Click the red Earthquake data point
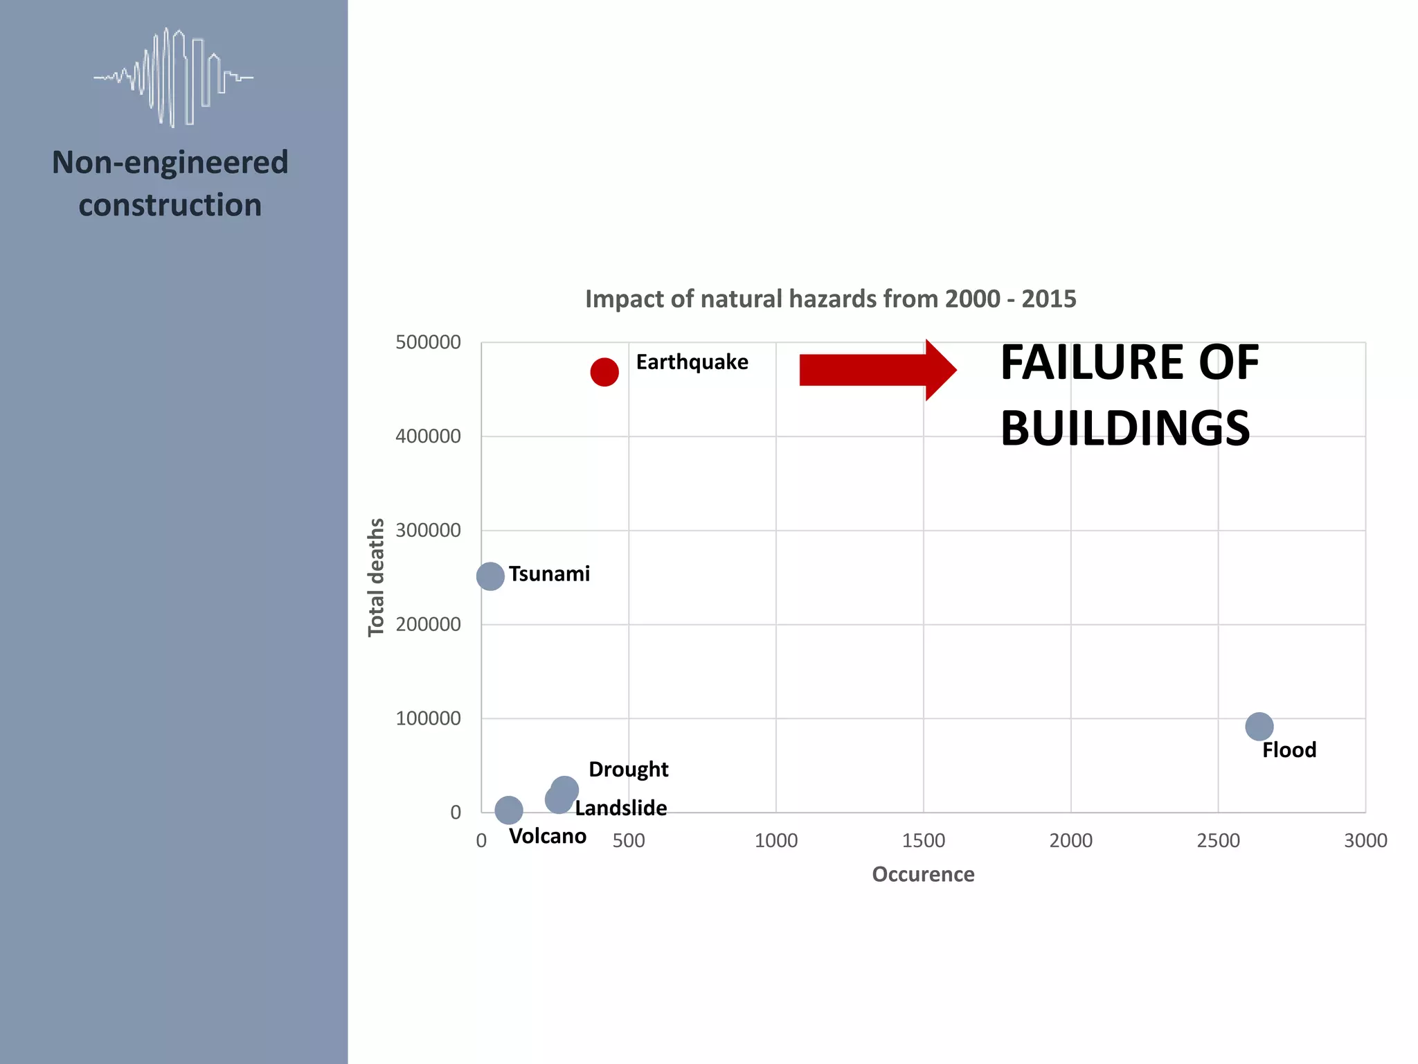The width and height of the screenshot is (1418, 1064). (x=604, y=372)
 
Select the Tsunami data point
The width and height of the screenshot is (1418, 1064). (x=490, y=576)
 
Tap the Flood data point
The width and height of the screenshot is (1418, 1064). (x=1259, y=727)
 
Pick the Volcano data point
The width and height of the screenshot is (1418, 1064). (x=509, y=809)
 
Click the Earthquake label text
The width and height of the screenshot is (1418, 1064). (x=692, y=362)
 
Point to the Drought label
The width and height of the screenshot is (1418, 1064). (x=628, y=770)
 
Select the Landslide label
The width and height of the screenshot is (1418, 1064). (x=620, y=808)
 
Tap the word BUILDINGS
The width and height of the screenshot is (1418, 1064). (x=1125, y=428)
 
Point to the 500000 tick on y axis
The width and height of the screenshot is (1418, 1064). (x=428, y=342)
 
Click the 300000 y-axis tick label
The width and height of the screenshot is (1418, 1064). (x=428, y=531)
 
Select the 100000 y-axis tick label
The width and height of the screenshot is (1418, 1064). (x=428, y=718)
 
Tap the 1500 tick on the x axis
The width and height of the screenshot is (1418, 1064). (x=923, y=841)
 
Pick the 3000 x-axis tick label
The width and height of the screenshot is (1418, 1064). (x=1365, y=841)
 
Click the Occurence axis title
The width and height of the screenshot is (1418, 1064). (x=923, y=874)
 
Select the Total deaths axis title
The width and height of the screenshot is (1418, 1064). (x=376, y=577)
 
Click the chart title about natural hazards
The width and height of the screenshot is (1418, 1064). (x=830, y=299)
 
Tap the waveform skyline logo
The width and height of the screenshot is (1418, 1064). (x=173, y=77)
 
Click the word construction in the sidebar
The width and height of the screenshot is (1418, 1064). (x=170, y=205)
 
